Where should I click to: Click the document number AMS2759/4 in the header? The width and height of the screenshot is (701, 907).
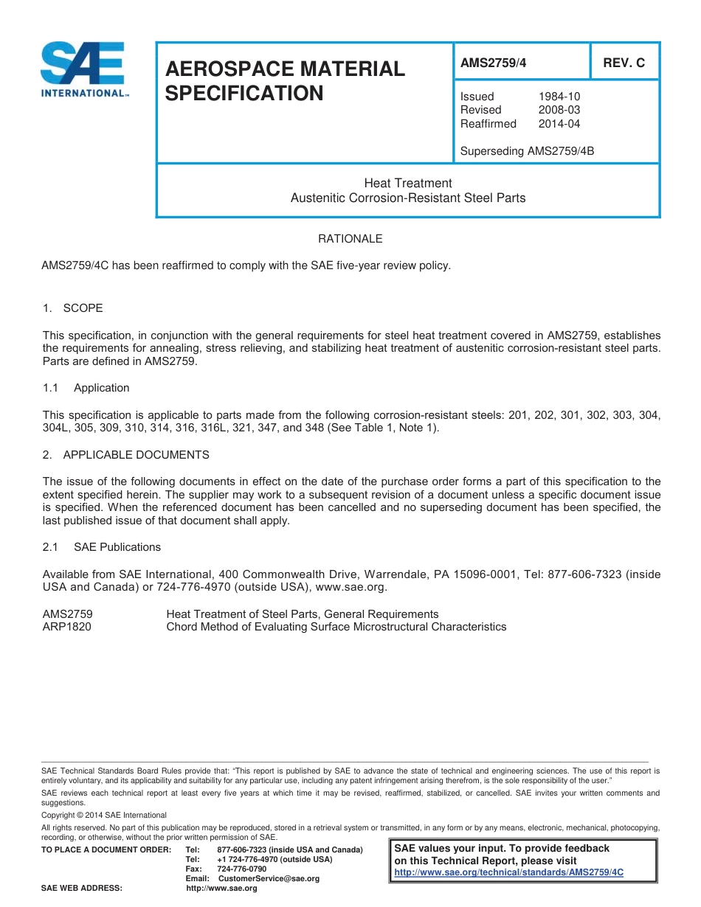click(493, 63)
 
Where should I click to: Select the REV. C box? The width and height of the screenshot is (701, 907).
click(624, 63)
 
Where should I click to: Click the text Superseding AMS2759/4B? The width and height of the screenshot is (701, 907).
click(527, 151)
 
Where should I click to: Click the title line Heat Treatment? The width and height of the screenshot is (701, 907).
click(407, 183)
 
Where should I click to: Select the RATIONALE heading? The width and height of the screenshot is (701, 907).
click(350, 239)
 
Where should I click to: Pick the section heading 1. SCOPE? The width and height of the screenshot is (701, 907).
click(73, 308)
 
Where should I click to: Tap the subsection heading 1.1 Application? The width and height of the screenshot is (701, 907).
click(86, 388)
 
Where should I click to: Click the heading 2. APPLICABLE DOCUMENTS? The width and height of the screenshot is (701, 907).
click(126, 455)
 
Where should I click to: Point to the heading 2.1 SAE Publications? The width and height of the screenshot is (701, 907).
click(102, 547)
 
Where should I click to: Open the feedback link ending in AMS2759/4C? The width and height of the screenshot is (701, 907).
click(508, 872)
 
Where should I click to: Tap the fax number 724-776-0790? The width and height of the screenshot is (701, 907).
click(243, 869)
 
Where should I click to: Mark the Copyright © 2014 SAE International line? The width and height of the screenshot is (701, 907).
click(104, 815)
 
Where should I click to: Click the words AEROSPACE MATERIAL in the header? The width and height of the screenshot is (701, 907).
click(285, 69)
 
